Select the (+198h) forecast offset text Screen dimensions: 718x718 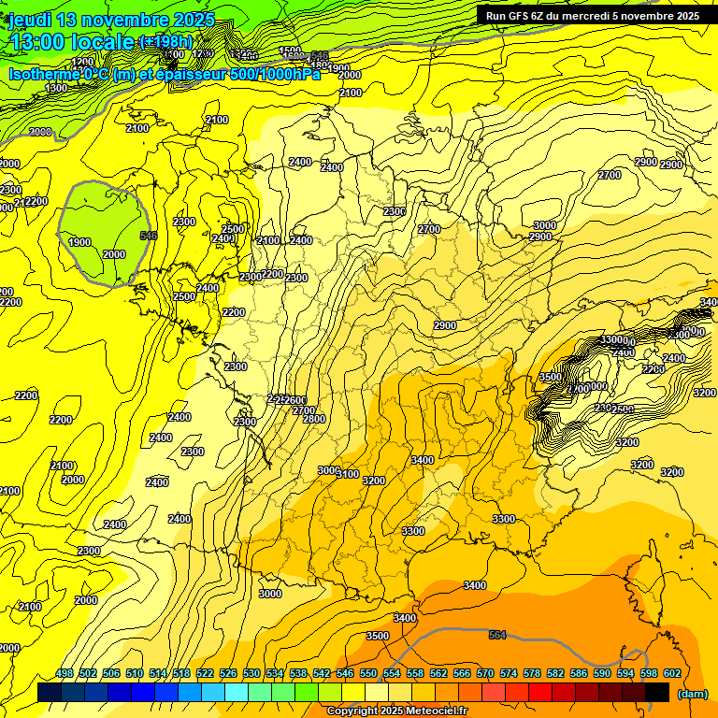(x=165, y=42)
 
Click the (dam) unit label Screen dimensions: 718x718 (x=691, y=694)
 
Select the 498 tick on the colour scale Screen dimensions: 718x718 (x=65, y=674)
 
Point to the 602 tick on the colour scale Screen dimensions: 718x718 (x=672, y=674)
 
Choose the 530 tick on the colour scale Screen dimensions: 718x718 (x=251, y=674)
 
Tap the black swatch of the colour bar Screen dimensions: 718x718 (x=657, y=693)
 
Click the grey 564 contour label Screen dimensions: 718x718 (x=497, y=636)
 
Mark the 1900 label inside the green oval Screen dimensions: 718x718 (x=79, y=243)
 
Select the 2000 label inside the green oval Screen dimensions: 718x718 (x=113, y=255)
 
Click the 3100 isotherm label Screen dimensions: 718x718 (x=348, y=475)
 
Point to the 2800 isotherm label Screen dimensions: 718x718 (x=314, y=419)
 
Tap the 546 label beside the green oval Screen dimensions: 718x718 (x=148, y=236)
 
